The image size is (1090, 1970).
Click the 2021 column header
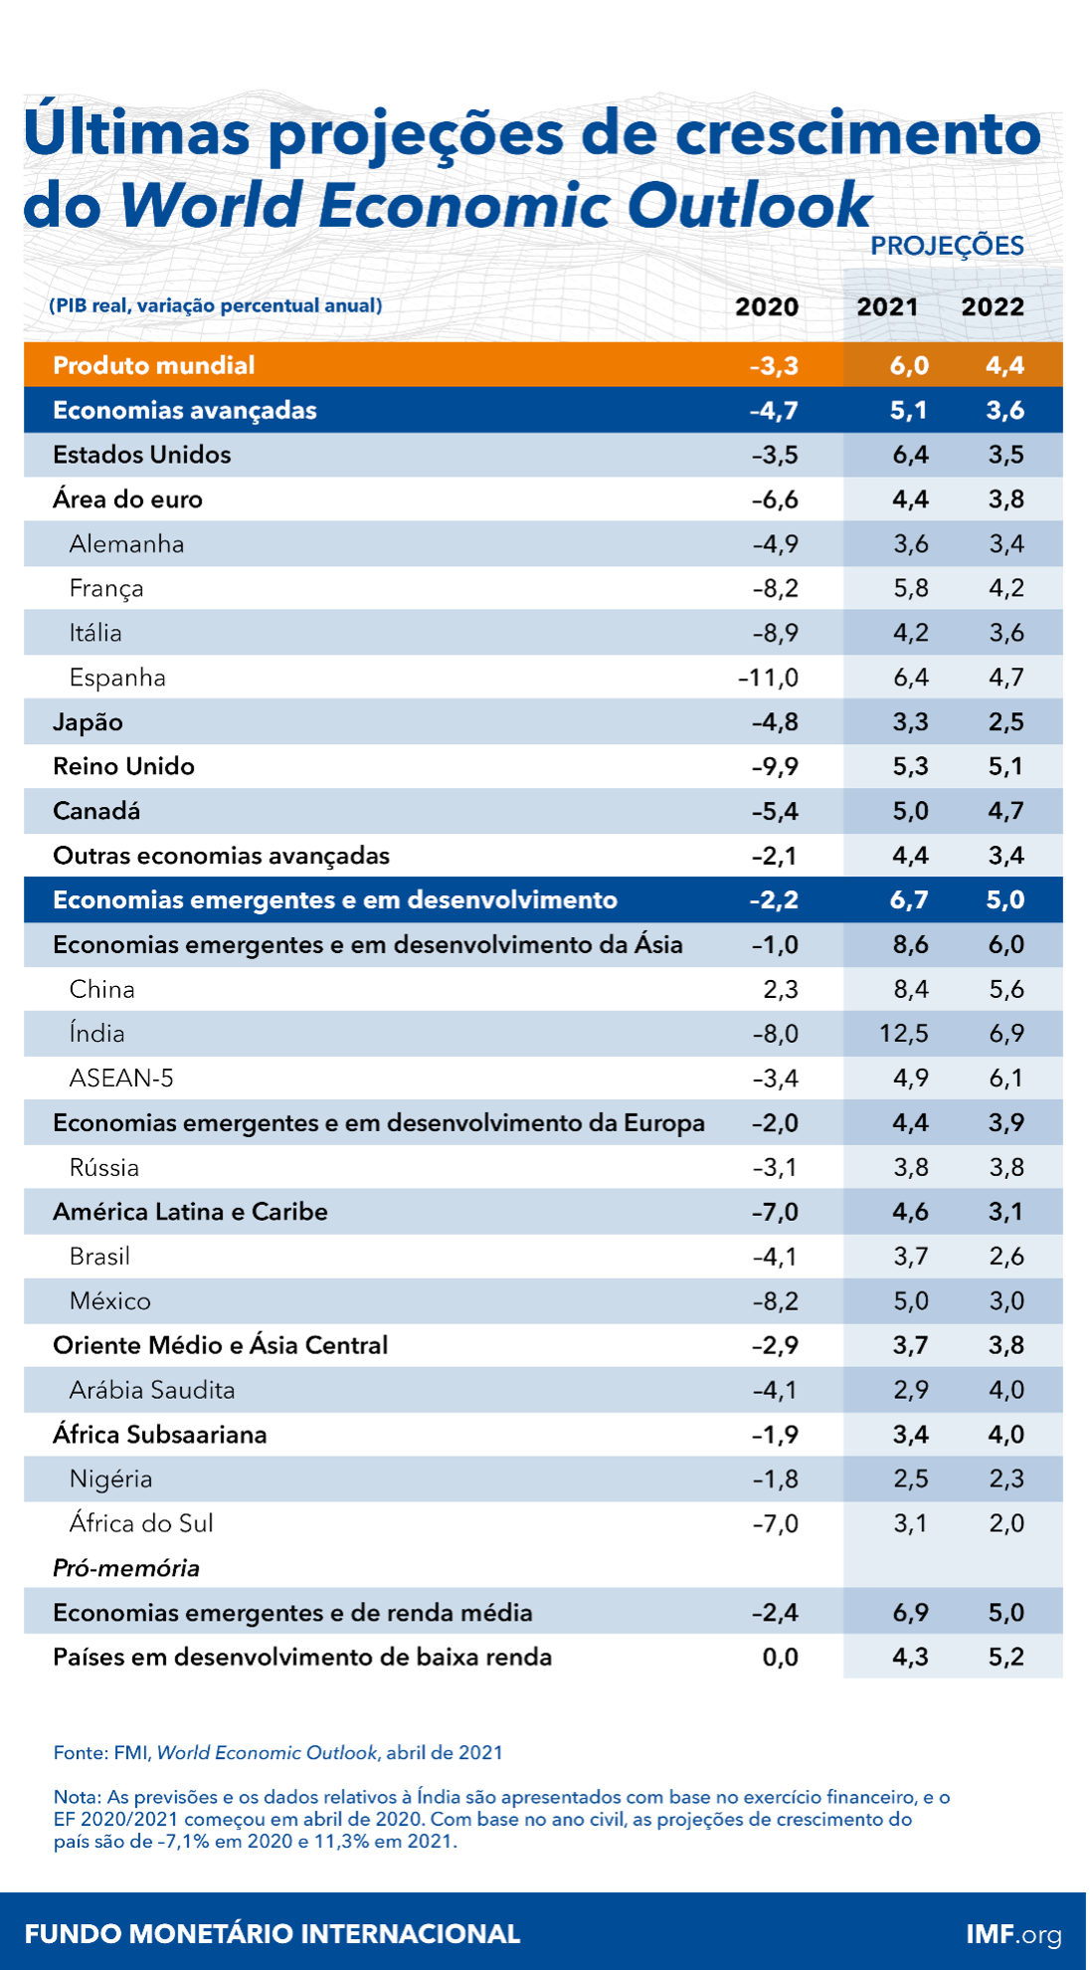pyautogui.click(x=887, y=306)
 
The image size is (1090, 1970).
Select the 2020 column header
pyautogui.click(x=766, y=306)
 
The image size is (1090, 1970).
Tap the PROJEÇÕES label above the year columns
pyautogui.click(x=947, y=246)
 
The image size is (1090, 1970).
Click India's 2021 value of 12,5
pyautogui.click(x=903, y=1034)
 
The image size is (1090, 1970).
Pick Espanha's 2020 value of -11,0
pyautogui.click(x=768, y=678)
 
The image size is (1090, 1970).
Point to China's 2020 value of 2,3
pyautogui.click(x=781, y=989)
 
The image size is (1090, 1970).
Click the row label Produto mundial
pyautogui.click(x=154, y=365)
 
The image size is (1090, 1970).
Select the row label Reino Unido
pyautogui.click(x=123, y=766)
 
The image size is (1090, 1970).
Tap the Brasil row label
pyautogui.click(x=99, y=1257)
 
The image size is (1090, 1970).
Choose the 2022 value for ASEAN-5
pyautogui.click(x=1005, y=1079)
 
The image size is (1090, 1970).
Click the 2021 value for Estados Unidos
pyautogui.click(x=910, y=455)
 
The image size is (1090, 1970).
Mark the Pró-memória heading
pyautogui.click(x=126, y=1568)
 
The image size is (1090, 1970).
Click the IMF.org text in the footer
pyautogui.click(x=1013, y=1934)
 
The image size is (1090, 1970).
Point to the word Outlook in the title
pyautogui.click(x=749, y=205)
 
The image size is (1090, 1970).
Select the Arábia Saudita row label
pyautogui.click(x=152, y=1390)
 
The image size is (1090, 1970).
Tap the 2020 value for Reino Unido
pyautogui.click(x=775, y=766)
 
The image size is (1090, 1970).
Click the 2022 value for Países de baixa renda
pyautogui.click(x=1005, y=1657)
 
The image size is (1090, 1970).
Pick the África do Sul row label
pyautogui.click(x=141, y=1523)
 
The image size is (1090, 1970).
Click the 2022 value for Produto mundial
pyautogui.click(x=1004, y=365)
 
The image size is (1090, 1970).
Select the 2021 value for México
pyautogui.click(x=910, y=1301)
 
